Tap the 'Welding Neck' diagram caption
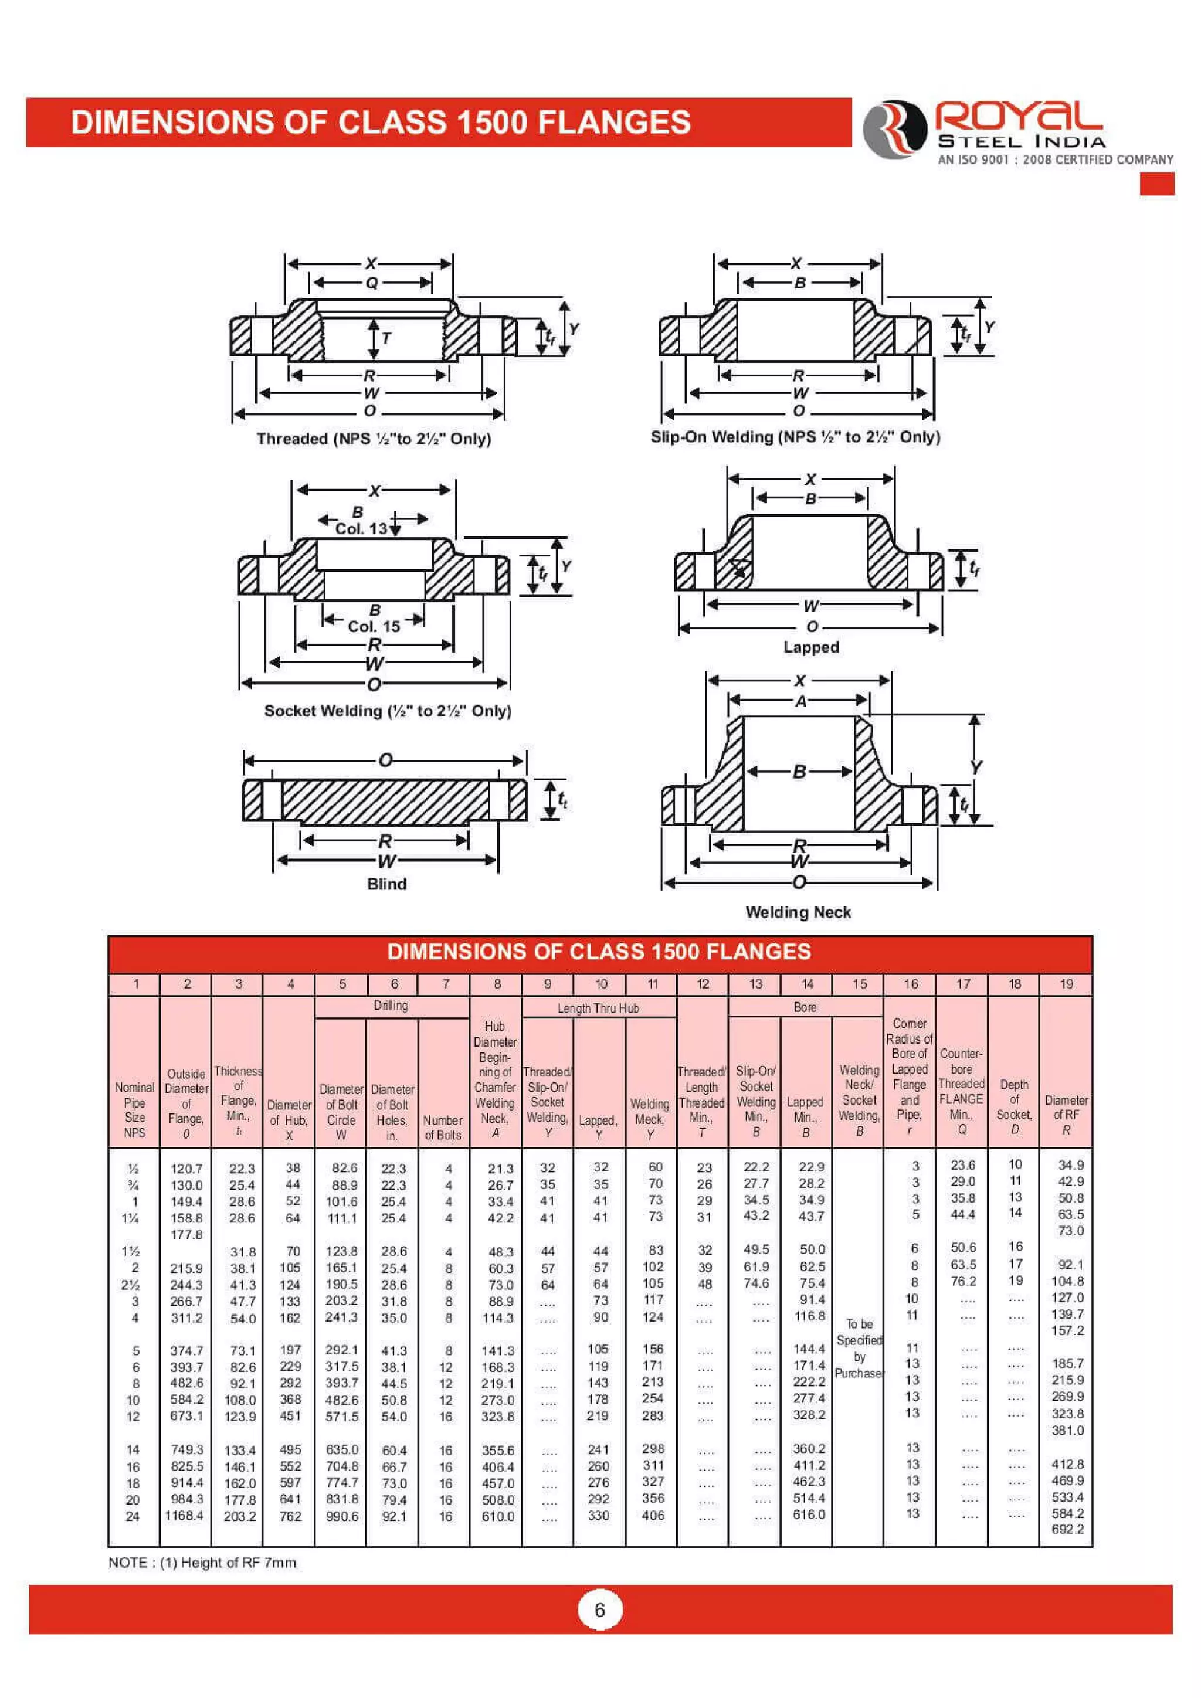[x=798, y=912]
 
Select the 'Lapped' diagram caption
[x=810, y=647]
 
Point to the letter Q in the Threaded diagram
[x=371, y=283]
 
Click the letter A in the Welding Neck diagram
[x=800, y=701]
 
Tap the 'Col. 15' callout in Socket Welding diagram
[x=374, y=626]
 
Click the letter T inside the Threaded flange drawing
[x=386, y=339]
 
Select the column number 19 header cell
[x=1066, y=984]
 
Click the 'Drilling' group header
[x=391, y=1006]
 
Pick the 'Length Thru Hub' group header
[x=598, y=1008]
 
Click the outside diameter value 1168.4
[x=184, y=1515]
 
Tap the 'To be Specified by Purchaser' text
[x=859, y=1348]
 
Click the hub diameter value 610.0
[x=498, y=1516]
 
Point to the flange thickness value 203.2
[x=240, y=1516]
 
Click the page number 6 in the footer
[x=600, y=1609]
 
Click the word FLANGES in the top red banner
[x=614, y=123]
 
